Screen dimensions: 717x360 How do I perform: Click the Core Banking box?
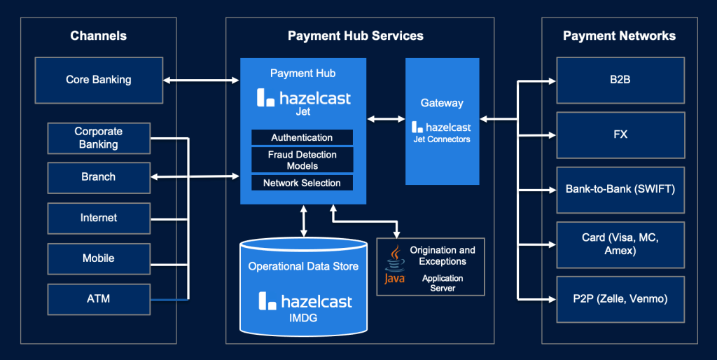point(99,80)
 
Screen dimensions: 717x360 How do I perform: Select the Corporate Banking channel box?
point(99,138)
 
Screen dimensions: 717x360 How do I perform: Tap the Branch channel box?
point(99,177)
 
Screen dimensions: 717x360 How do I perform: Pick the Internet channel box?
point(99,219)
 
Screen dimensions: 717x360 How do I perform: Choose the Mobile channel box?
point(99,259)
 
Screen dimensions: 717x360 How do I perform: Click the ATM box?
point(99,299)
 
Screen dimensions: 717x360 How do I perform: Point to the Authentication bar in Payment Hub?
point(302,137)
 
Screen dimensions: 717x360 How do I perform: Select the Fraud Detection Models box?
point(302,160)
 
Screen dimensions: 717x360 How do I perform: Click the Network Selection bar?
point(302,183)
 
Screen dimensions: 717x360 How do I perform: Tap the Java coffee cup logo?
point(394,265)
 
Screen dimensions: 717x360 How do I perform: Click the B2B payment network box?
point(620,80)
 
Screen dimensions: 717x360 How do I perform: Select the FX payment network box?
point(620,135)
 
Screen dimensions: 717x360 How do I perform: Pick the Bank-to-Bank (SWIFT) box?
point(620,190)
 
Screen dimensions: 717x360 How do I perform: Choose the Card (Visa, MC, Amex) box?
point(620,244)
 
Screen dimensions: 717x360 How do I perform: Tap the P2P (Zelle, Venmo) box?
point(620,299)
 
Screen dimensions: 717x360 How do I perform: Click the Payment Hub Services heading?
point(355,36)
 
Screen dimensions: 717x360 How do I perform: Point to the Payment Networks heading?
point(619,36)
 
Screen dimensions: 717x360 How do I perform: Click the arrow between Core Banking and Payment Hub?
point(201,81)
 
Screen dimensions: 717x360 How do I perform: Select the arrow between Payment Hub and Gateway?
point(386,119)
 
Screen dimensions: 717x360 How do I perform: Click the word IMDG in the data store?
point(303,318)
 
